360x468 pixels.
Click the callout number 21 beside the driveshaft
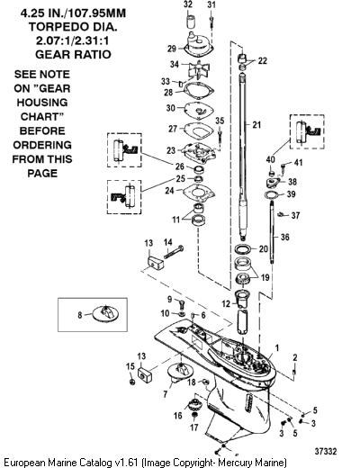[x=256, y=124]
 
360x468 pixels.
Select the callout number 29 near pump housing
[x=172, y=49]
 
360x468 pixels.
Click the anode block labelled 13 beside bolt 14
[x=157, y=262]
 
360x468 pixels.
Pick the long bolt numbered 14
[x=174, y=252]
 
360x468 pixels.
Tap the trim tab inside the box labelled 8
[x=105, y=314]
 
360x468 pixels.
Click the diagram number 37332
[x=325, y=451]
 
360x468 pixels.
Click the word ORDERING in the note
[x=42, y=145]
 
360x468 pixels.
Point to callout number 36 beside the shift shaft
[x=285, y=237]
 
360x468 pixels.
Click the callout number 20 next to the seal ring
[x=263, y=248]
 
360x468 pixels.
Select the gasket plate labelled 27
[x=198, y=130]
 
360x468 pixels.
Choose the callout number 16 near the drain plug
[x=177, y=415]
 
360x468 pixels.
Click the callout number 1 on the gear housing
[x=277, y=348]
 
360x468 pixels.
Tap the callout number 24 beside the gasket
[x=169, y=190]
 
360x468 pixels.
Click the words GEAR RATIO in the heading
[x=73, y=54]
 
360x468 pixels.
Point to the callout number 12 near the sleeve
[x=226, y=304]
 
